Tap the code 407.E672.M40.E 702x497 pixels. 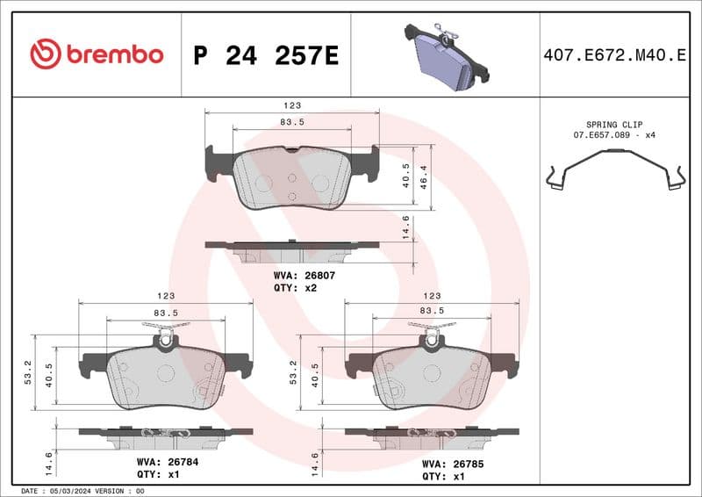tap(615, 56)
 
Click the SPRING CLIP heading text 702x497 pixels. tap(614, 126)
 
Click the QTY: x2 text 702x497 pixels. tap(295, 287)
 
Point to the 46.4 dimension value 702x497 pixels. tap(423, 177)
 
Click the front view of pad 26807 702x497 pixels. tap(292, 178)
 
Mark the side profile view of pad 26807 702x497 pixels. tap(292, 251)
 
